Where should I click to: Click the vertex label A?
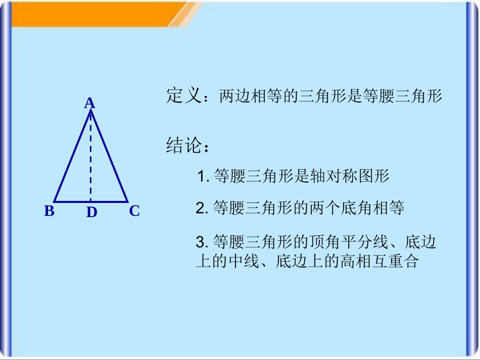[x=89, y=104]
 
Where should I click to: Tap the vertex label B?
[x=49, y=211]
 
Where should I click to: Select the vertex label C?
[x=134, y=211]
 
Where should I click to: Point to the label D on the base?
[x=91, y=213]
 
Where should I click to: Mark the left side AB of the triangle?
[x=72, y=157]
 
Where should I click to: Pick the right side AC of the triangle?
[x=110, y=157]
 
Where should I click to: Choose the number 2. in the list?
[x=202, y=209]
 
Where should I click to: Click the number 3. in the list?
[x=202, y=242]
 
